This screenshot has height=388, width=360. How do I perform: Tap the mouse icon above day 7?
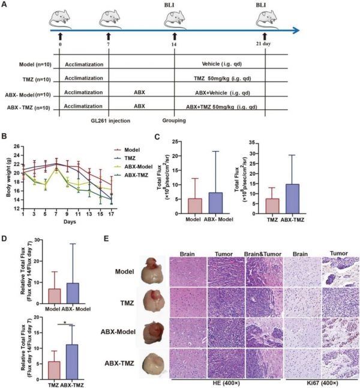(x=108, y=19)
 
